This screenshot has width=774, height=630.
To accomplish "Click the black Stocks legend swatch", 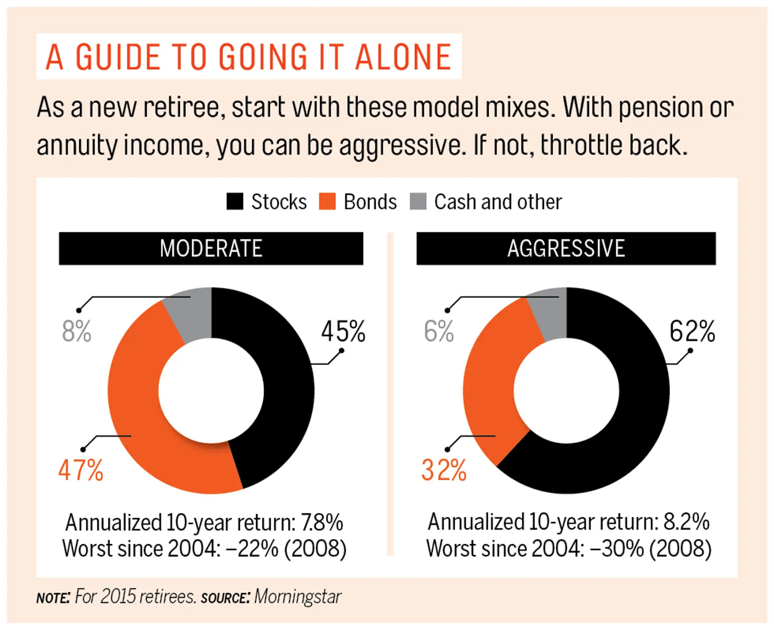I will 235,202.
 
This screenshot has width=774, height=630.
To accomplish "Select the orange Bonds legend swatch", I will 327,202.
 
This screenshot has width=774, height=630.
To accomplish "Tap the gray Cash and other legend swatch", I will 418,202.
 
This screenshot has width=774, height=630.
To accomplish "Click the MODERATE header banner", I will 211,248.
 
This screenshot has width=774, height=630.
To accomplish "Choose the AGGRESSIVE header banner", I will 566,248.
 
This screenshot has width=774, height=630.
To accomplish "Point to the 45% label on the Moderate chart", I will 343,331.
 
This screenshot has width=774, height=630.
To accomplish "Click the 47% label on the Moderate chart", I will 81,470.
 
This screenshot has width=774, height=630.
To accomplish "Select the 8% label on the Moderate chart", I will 76,331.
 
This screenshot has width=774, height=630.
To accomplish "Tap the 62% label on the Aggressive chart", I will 692,331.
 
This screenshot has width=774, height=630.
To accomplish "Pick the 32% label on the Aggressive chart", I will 444,470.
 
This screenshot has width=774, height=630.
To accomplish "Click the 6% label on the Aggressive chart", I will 439,331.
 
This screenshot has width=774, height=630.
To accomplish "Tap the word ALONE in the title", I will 403,57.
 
